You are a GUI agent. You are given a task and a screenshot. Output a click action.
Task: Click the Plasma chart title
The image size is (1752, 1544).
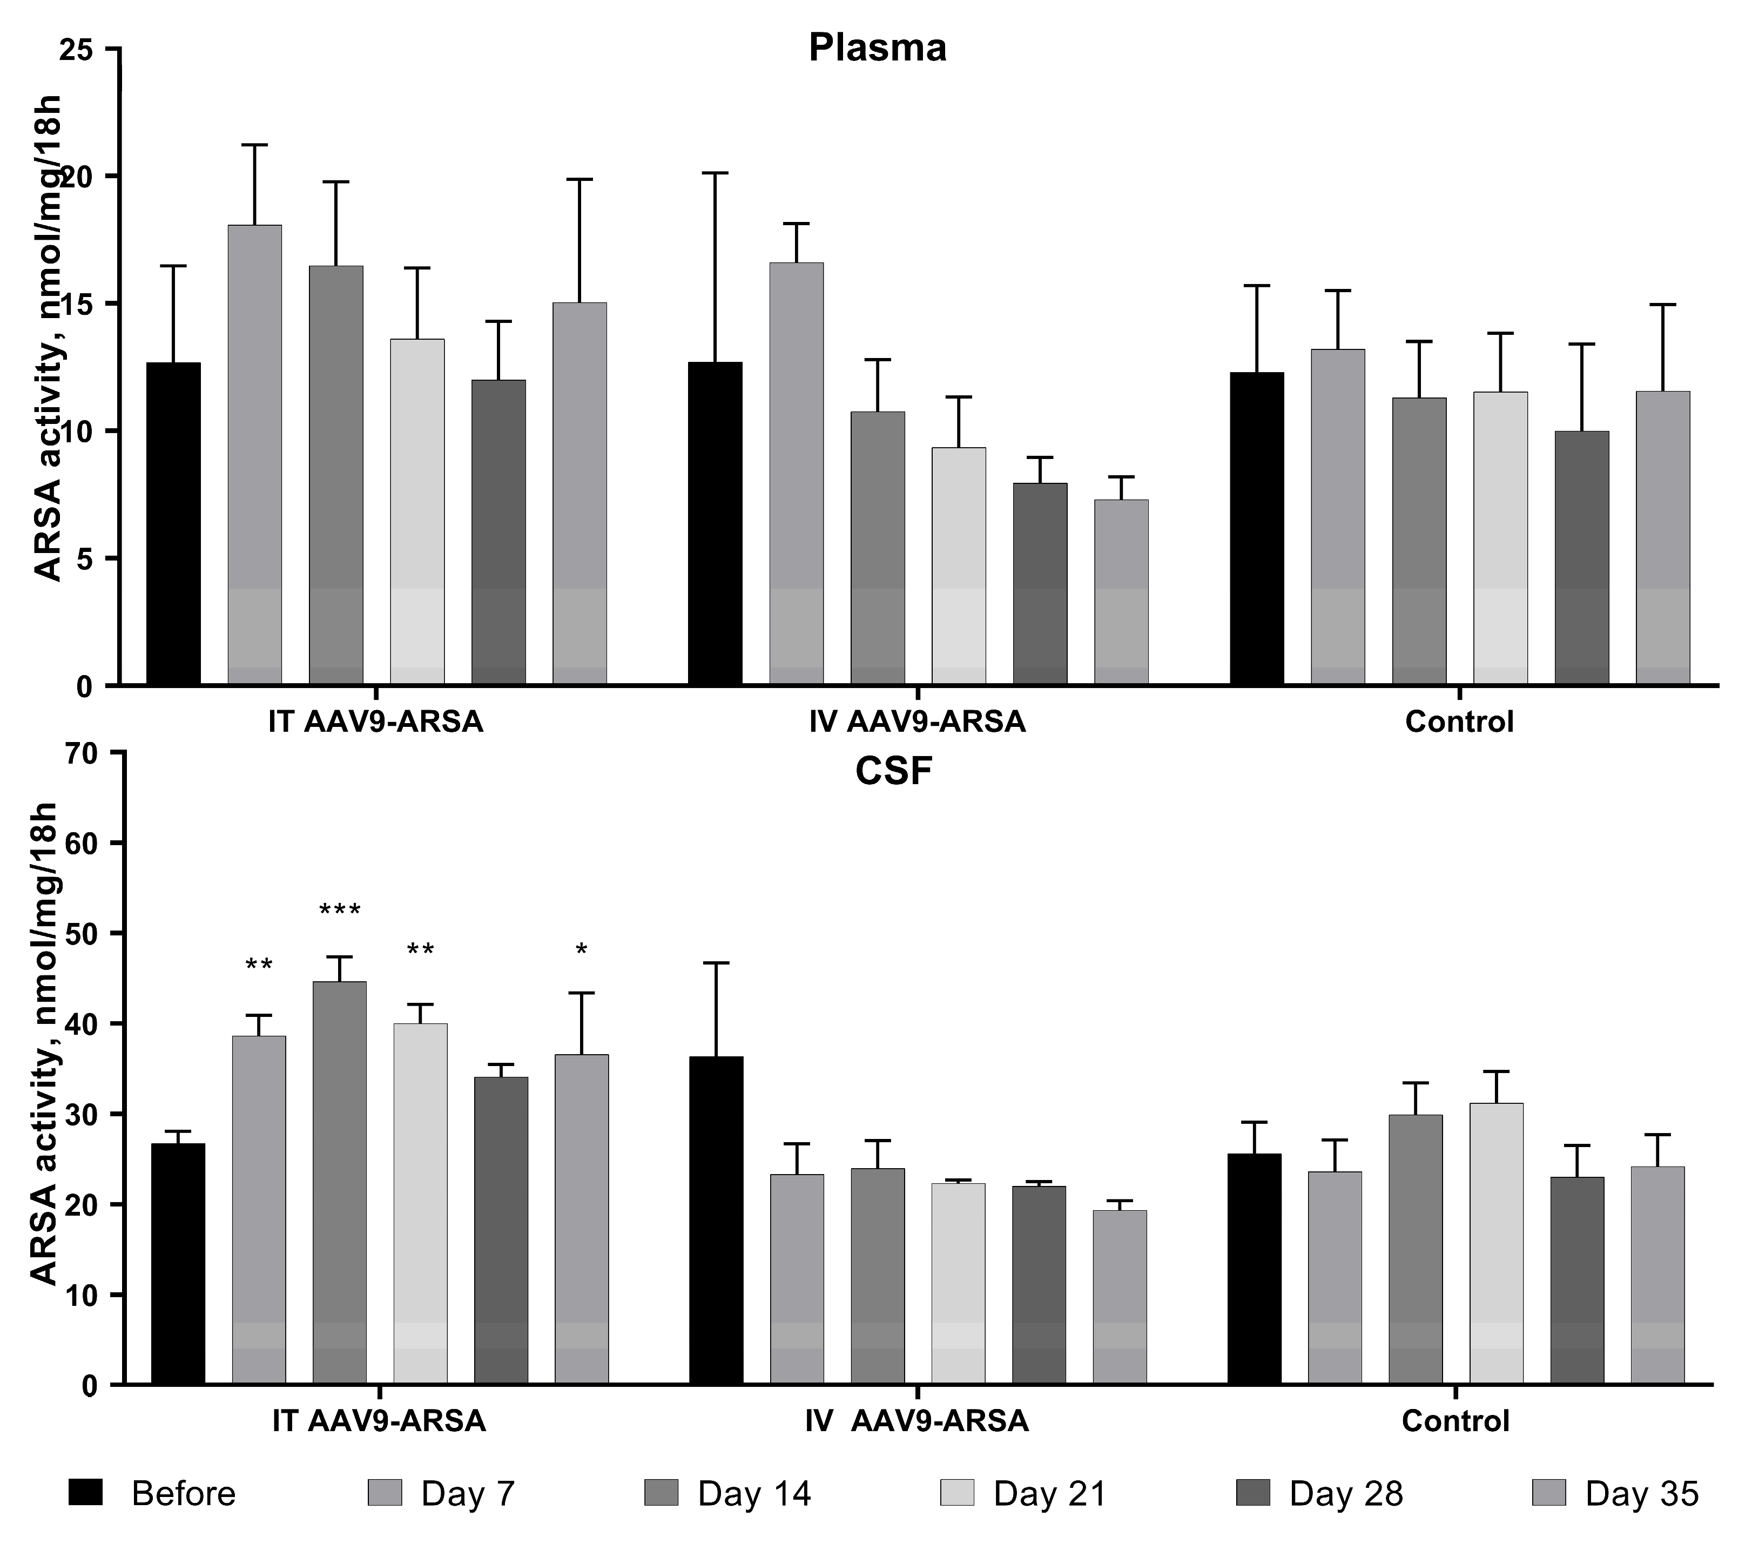pos(877,48)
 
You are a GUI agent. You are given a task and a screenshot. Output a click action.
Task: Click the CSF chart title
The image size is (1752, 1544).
pos(893,772)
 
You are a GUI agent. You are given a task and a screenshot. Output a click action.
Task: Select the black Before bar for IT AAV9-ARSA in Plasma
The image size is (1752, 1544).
pos(174,523)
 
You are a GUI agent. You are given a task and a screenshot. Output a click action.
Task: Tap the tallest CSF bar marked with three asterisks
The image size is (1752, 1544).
pos(339,1183)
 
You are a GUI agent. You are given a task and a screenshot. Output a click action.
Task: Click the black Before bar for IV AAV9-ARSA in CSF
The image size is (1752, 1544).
pos(717,1221)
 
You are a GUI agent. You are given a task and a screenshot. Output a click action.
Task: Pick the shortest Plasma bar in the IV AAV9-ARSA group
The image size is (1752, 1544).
pos(1121,591)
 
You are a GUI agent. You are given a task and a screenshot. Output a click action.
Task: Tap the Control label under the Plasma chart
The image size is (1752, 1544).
pos(1459,722)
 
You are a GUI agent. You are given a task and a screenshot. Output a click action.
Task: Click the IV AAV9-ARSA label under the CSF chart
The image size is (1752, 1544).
pos(917,1421)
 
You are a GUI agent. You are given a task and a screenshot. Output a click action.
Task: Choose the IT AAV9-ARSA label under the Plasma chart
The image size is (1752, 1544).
pos(375,722)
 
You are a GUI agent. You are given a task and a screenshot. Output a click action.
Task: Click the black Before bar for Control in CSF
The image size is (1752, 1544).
pos(1255,1269)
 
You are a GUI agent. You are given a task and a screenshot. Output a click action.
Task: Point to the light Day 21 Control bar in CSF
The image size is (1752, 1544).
pos(1497,1243)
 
